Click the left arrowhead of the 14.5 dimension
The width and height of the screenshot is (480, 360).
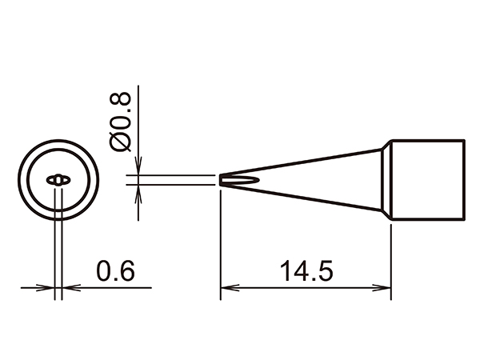coord(226,287)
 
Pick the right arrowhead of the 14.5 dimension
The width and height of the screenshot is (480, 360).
coord(385,287)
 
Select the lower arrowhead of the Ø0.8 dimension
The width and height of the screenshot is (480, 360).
coord(138,190)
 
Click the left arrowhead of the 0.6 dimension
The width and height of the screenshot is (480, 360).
coord(47,287)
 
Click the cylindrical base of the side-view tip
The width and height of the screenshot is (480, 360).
coord(428,178)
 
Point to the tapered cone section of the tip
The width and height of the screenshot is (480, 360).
coord(320,179)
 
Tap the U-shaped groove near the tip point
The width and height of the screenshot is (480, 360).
coord(240,180)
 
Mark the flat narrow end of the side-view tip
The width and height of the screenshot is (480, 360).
coord(221,180)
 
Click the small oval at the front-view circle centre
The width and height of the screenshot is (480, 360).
coord(58,180)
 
